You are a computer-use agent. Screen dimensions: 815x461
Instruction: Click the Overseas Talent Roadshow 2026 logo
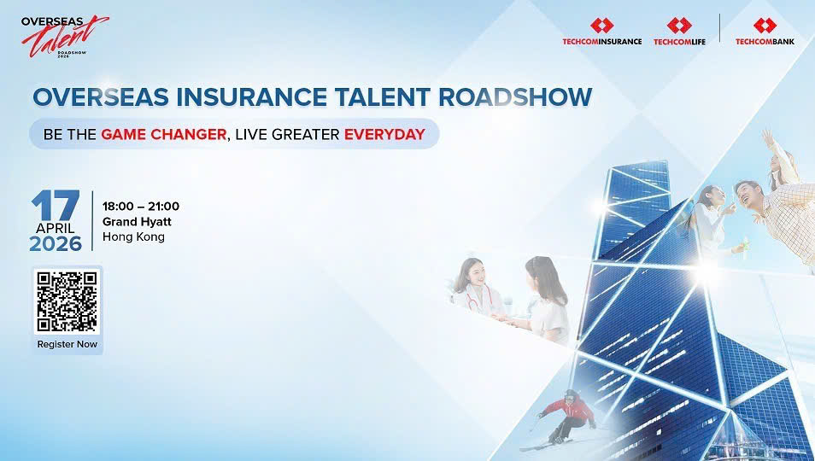(x=64, y=37)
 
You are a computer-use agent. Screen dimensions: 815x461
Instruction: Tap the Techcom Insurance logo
(x=602, y=32)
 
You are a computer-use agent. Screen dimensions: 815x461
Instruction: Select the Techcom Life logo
(x=679, y=32)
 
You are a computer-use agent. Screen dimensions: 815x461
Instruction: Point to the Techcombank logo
(x=765, y=32)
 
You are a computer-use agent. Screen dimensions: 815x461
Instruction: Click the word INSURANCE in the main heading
(x=251, y=97)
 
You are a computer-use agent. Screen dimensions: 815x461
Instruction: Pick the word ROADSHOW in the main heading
(x=515, y=97)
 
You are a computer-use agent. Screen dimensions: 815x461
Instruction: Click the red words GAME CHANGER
(x=164, y=135)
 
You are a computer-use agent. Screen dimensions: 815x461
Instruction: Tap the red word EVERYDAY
(x=384, y=135)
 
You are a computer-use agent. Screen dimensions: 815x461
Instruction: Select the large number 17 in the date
(x=56, y=205)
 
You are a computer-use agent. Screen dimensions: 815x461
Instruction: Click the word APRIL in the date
(x=55, y=229)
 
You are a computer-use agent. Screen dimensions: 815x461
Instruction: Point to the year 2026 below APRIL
(x=56, y=244)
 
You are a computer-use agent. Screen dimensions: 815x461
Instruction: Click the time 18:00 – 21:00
(x=141, y=206)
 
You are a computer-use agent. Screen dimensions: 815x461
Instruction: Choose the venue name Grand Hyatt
(x=137, y=222)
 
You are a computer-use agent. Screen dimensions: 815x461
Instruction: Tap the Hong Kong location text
(x=133, y=236)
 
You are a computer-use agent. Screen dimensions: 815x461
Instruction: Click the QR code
(x=67, y=301)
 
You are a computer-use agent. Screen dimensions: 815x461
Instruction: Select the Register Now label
(x=67, y=344)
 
